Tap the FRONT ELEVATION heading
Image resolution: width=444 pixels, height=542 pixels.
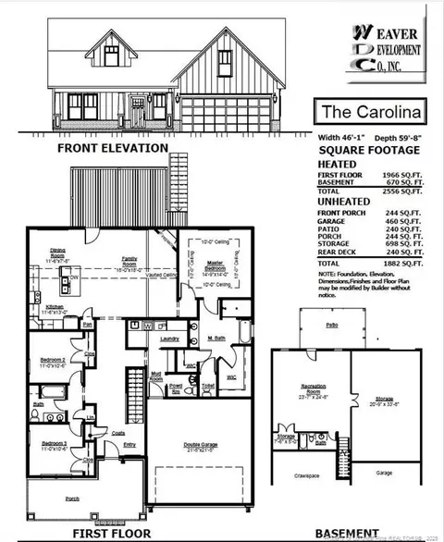(112, 148)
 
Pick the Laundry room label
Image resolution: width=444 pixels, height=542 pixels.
(168, 339)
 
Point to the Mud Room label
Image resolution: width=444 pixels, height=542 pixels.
(157, 377)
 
